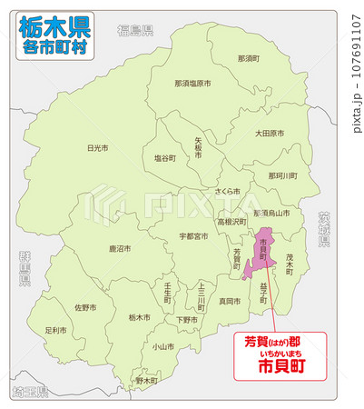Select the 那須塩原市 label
tap(192, 83)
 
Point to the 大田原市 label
tap(269, 134)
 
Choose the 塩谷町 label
tap(164, 158)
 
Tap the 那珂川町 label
tap(282, 175)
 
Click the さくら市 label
tap(227, 193)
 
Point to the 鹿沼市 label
tap(120, 248)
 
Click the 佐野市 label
tap(84, 308)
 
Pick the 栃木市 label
tap(138, 317)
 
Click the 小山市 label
tap(163, 346)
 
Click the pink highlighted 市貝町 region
tap(263, 250)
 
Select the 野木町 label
tap(146, 381)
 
